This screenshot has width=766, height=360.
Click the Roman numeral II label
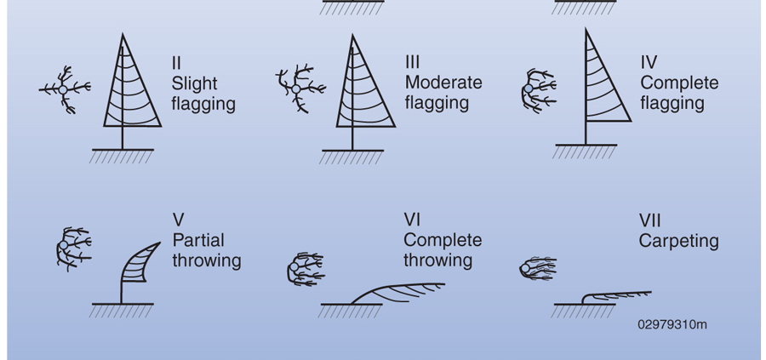[176, 63]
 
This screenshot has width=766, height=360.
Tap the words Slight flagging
[203, 94]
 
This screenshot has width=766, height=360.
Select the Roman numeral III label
[413, 63]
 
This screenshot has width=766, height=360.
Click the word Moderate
[443, 83]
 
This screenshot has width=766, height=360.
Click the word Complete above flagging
[679, 83]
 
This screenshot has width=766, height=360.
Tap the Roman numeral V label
[178, 220]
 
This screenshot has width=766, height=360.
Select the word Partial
[198, 240]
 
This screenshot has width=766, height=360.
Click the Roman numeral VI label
[413, 220]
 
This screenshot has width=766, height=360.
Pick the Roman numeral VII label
[650, 220]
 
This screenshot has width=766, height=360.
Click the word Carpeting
[678, 241]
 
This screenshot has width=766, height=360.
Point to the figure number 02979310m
[672, 324]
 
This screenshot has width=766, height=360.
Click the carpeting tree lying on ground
[613, 296]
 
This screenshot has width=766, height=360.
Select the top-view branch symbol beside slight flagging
[66, 89]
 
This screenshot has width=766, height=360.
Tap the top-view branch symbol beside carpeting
[536, 270]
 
